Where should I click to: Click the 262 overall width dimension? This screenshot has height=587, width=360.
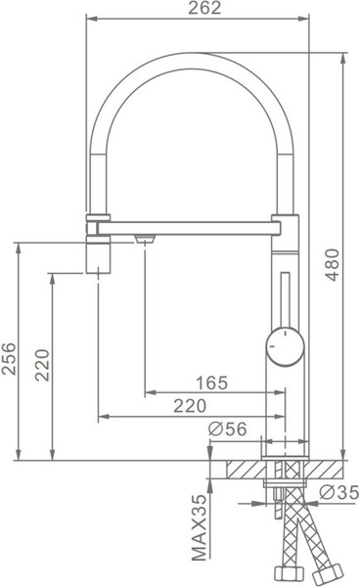200,9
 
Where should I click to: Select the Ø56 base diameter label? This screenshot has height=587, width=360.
227,427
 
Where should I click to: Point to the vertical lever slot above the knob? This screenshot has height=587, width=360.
283,298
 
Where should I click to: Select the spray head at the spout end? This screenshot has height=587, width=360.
101,252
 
